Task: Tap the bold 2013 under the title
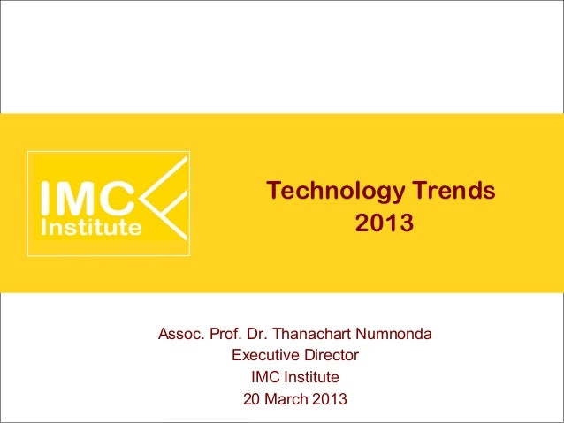384,225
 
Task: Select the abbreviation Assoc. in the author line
181,336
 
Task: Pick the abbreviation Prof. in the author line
226,336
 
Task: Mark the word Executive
263,357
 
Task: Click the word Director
328,357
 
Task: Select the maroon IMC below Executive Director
265,378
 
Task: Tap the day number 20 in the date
251,399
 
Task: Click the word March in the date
286,399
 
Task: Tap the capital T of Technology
274,191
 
